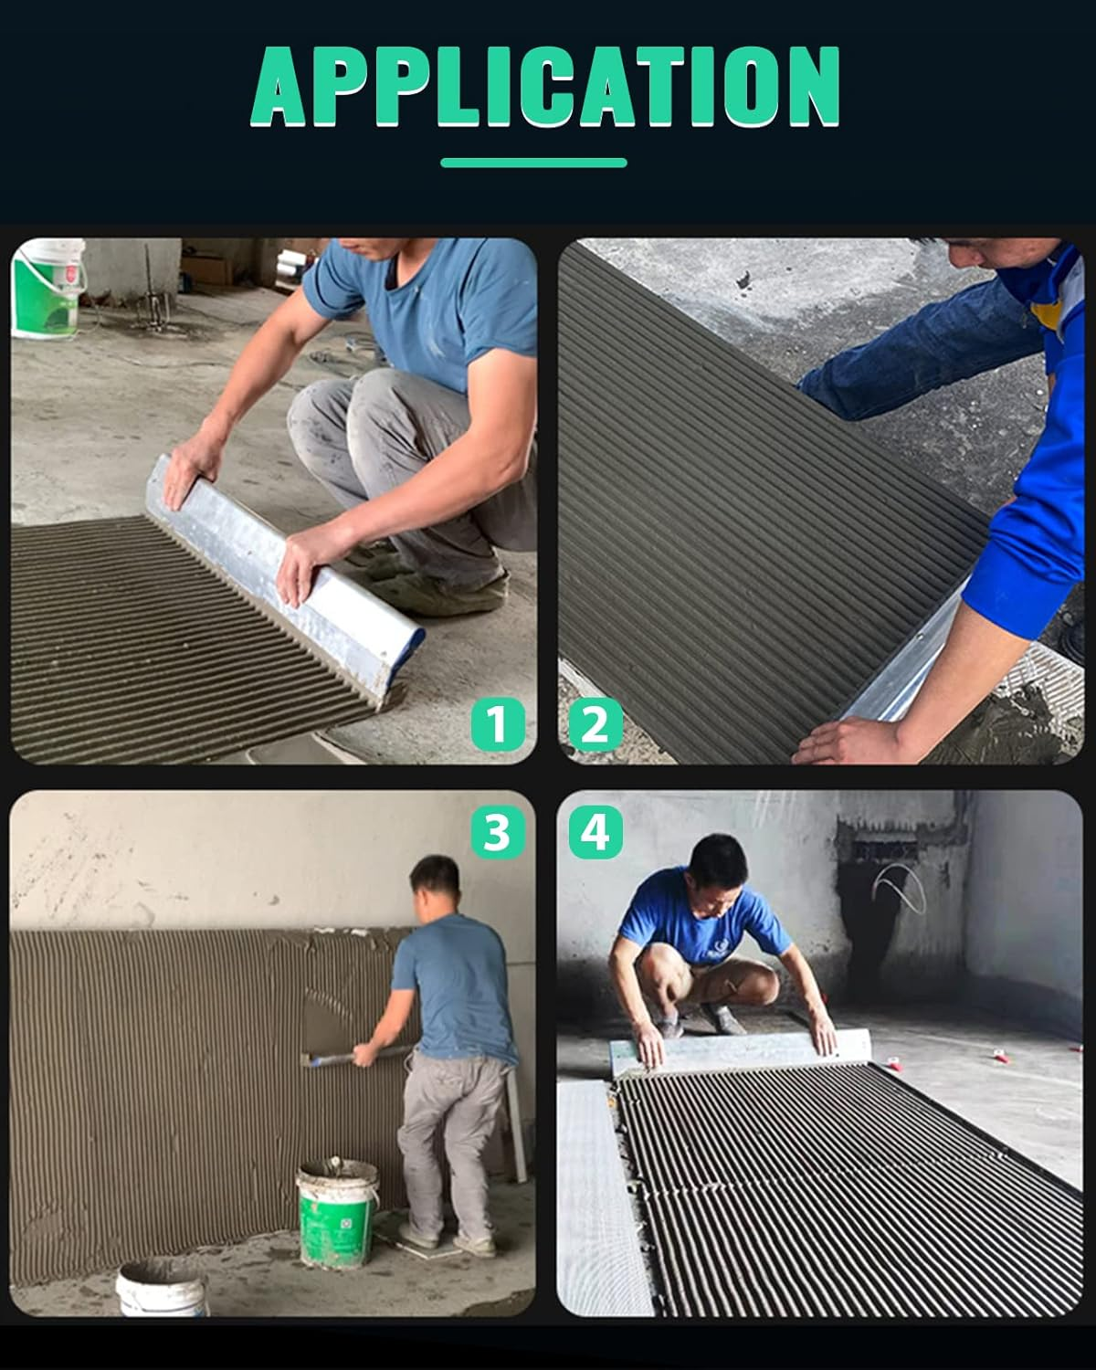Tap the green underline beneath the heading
point(533,163)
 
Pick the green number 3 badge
point(497,832)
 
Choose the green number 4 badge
point(595,832)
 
